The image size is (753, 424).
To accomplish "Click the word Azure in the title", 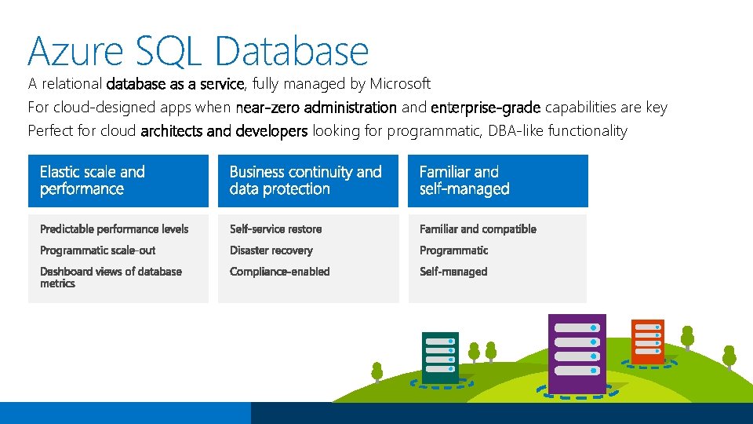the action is click(x=75, y=50).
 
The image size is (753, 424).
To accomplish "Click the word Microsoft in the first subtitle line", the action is click(x=400, y=83).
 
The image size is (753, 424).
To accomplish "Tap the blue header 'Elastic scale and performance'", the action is click(x=118, y=181).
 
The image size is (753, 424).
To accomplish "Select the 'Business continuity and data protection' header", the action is click(x=307, y=181).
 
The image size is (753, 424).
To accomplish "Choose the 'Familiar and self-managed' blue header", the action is click(x=497, y=181).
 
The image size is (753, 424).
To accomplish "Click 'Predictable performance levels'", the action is click(x=115, y=229).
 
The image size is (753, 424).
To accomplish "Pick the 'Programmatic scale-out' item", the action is click(x=98, y=250).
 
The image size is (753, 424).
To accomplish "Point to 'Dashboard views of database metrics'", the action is click(x=111, y=277).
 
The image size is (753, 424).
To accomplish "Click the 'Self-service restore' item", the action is click(x=275, y=229).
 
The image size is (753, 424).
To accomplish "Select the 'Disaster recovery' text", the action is click(x=271, y=250).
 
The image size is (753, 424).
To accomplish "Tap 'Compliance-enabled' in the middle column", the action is click(x=279, y=272).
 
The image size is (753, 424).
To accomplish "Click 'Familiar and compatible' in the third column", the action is click(x=478, y=229).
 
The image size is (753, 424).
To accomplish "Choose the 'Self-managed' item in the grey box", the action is click(x=453, y=272).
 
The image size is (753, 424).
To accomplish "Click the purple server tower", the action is click(x=577, y=353).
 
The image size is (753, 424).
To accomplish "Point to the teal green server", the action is click(x=440, y=357).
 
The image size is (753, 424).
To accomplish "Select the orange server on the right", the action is click(x=648, y=342).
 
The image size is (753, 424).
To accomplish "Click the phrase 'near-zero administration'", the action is click(x=316, y=108).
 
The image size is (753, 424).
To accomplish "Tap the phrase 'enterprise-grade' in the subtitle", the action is click(x=486, y=108).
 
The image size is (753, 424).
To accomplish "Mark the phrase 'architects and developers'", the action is click(x=224, y=131).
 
